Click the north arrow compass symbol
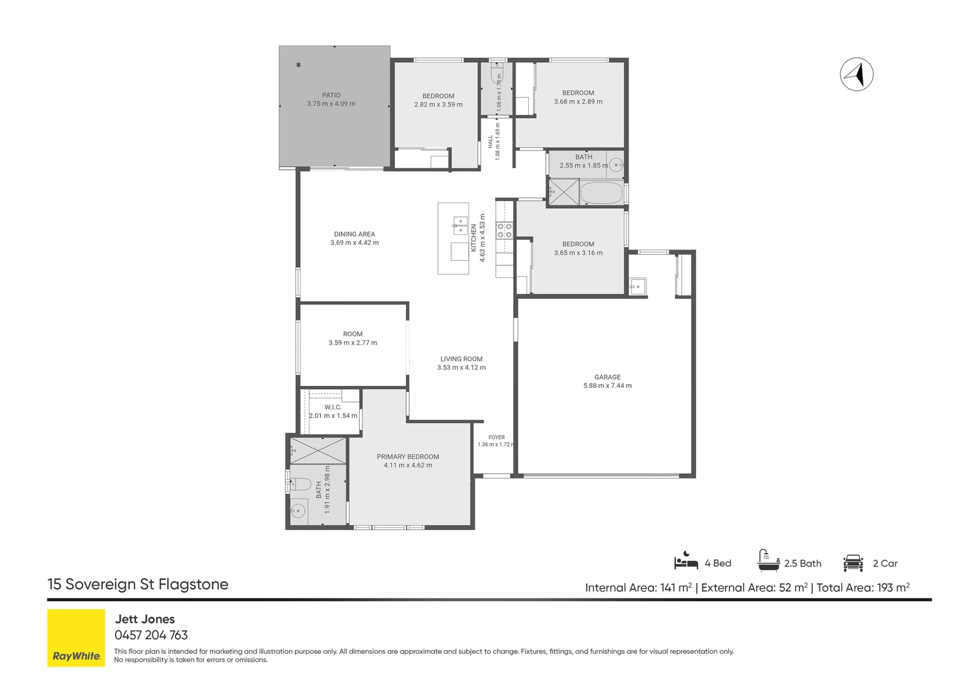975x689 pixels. (856, 74)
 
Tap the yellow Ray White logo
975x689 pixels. (76, 637)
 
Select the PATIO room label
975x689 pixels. (331, 95)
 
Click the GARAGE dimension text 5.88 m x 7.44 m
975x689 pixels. (607, 385)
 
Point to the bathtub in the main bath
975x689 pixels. (602, 193)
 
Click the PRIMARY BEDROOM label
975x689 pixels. (408, 457)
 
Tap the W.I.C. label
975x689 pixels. (333, 407)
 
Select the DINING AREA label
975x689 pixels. (354, 234)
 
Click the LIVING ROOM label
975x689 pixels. (461, 359)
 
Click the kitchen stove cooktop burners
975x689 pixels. (505, 231)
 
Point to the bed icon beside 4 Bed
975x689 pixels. (686, 561)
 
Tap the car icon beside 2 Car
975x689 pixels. (853, 563)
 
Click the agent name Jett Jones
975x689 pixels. (145, 619)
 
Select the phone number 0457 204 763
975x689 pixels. (151, 635)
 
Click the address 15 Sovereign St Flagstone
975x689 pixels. (138, 584)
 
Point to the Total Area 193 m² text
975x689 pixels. (863, 588)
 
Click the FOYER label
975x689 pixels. (496, 438)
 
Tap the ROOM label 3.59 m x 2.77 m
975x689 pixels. (353, 338)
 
